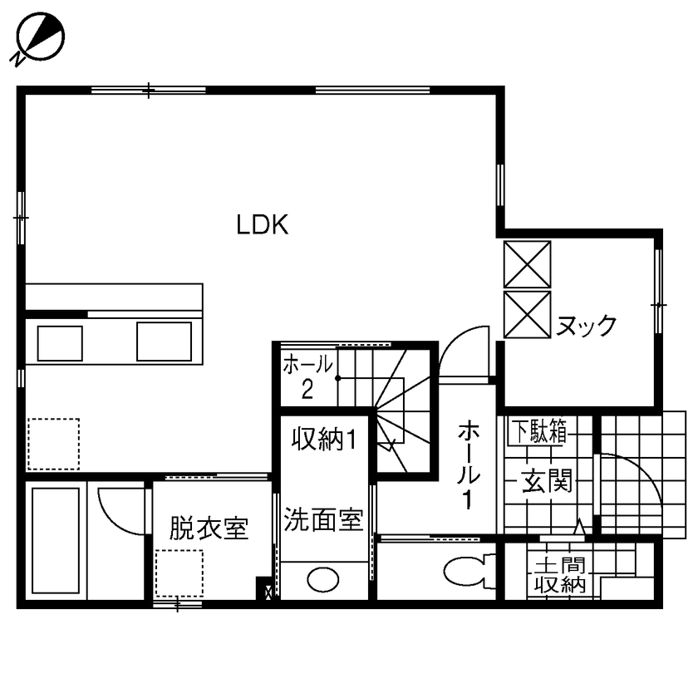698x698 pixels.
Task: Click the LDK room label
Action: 262,225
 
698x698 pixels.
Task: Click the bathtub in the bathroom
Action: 55,540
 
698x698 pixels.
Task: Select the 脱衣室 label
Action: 209,528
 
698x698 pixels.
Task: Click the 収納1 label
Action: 323,439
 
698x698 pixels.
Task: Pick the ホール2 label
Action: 307,376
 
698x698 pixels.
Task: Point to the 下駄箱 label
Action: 538,431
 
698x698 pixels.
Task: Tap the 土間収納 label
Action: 559,574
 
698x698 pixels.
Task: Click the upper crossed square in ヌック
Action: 528,264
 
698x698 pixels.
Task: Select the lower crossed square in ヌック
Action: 528,315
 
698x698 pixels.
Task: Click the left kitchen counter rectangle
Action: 60,343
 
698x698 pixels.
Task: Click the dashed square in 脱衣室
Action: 179,573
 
